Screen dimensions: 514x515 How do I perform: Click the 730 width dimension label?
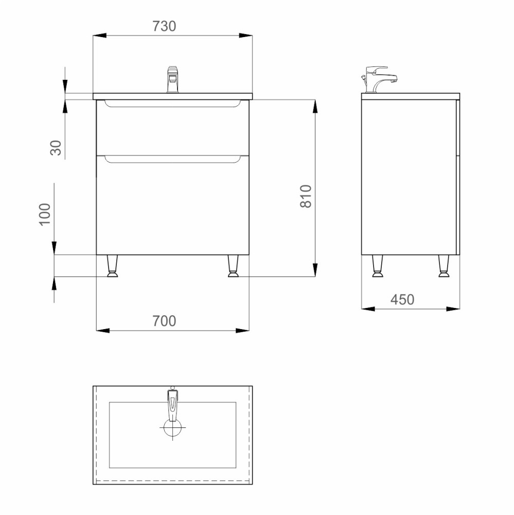point(164,26)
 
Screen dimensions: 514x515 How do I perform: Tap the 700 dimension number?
point(164,321)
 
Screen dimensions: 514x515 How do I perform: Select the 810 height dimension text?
point(306,196)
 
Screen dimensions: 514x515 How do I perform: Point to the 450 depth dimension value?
point(402,300)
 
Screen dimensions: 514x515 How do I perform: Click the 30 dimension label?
point(56,147)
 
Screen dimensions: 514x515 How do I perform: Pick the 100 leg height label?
point(45,214)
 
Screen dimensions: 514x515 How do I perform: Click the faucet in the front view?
point(173,79)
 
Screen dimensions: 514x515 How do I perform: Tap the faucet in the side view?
point(379,79)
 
